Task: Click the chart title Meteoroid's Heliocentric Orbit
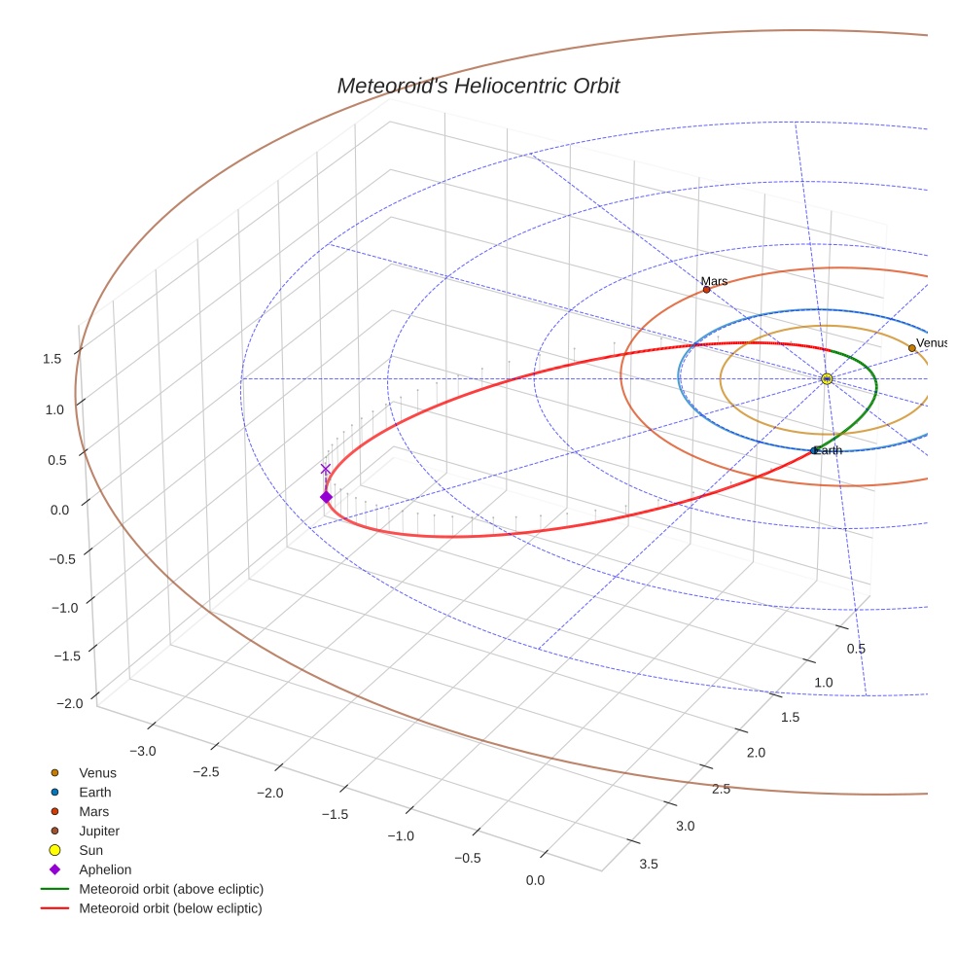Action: point(478,86)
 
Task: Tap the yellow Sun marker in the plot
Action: point(826,378)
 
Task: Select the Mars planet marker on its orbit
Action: point(706,290)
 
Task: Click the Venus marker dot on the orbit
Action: point(911,348)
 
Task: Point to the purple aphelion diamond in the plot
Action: point(326,497)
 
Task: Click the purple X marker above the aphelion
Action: point(326,469)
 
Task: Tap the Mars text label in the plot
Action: point(714,281)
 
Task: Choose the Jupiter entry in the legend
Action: point(99,831)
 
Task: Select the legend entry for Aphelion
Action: point(105,869)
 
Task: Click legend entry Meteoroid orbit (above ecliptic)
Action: point(171,889)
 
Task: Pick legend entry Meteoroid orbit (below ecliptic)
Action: point(170,908)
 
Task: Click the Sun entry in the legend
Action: point(90,850)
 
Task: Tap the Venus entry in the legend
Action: point(97,772)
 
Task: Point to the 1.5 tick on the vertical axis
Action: point(53,359)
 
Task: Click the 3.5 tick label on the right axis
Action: point(648,864)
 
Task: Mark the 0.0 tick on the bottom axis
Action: point(534,880)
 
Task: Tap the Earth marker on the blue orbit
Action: point(814,451)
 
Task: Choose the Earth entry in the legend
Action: point(95,792)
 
